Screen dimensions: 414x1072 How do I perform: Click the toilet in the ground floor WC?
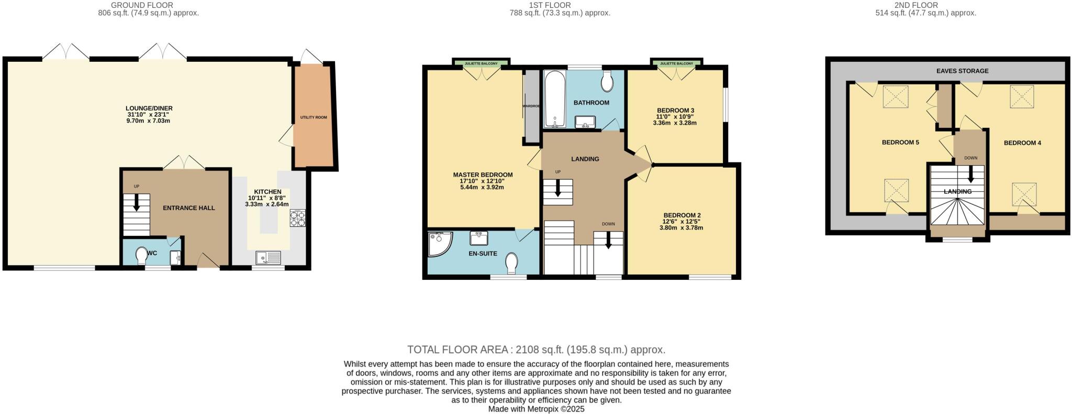click(x=141, y=257)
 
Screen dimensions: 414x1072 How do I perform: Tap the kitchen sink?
click(x=268, y=257)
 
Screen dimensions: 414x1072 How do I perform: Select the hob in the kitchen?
click(x=297, y=218)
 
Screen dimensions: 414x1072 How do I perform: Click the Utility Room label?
click(x=314, y=117)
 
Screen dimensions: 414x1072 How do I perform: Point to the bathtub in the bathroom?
click(x=554, y=100)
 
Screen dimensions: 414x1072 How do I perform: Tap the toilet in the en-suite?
click(x=511, y=263)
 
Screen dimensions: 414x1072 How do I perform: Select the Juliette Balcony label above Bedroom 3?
click(x=676, y=63)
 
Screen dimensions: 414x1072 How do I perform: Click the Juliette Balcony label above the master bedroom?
click(x=481, y=63)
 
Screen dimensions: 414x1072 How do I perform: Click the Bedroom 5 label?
click(x=900, y=142)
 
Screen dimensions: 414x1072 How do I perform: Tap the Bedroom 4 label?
click(x=1022, y=143)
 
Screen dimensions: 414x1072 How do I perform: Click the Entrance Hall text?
click(x=188, y=208)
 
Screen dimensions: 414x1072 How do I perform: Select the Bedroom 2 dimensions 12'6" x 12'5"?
click(x=682, y=222)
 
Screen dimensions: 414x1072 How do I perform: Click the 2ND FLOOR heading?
click(x=923, y=5)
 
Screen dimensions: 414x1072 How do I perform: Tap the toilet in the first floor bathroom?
click(x=607, y=82)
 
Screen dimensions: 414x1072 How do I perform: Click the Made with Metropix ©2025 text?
click(x=536, y=409)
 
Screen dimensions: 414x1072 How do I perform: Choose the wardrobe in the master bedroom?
click(x=532, y=106)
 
